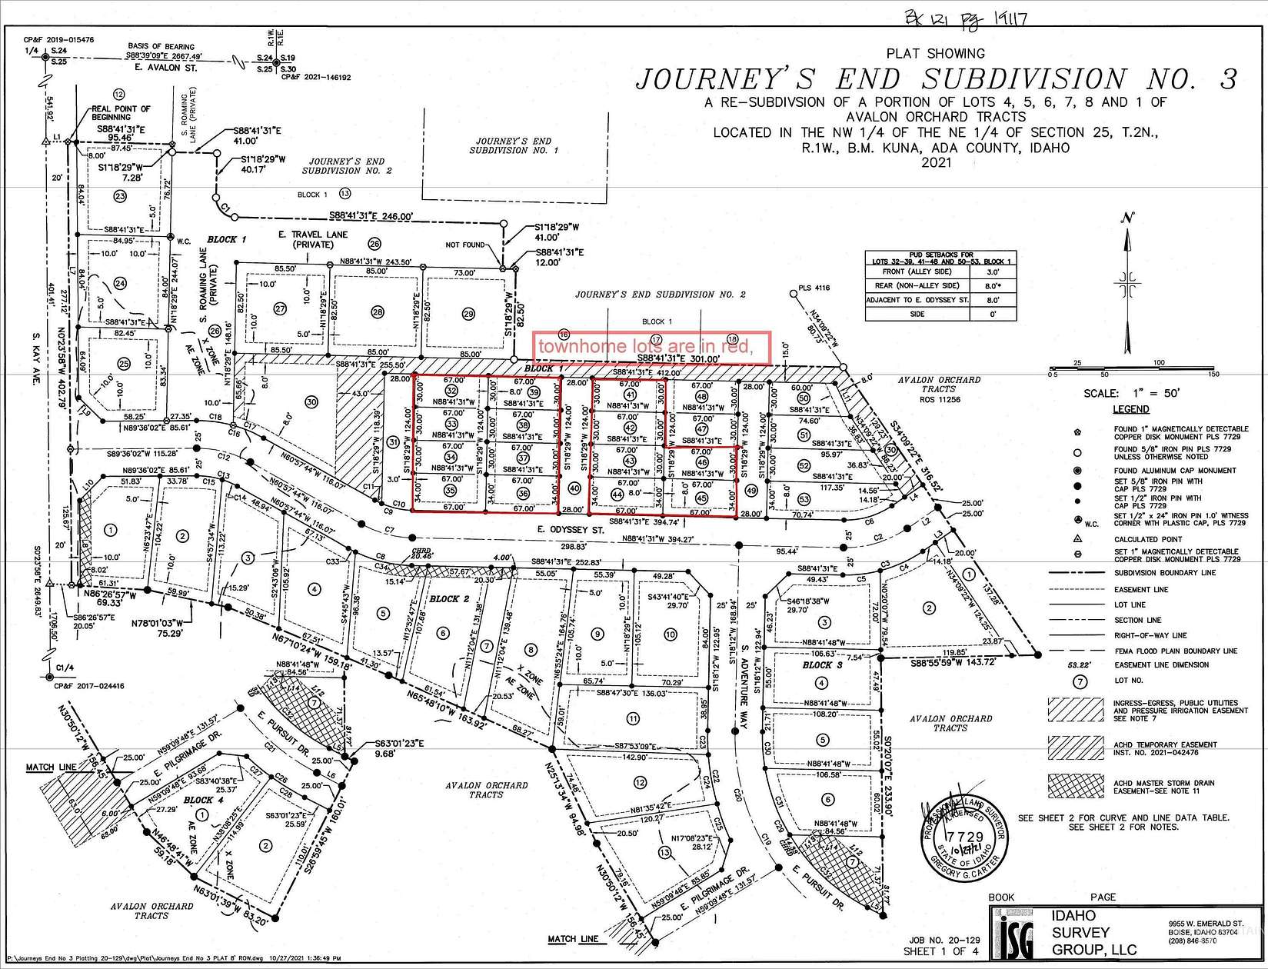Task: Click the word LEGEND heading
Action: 1130,409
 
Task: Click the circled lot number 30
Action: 311,401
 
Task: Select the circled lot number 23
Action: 120,196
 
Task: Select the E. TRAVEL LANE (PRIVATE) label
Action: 315,239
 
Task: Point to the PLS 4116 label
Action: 816,289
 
